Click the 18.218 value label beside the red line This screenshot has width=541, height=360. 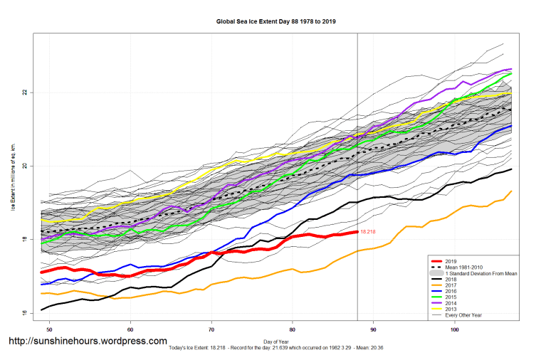point(368,232)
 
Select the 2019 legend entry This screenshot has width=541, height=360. point(451,261)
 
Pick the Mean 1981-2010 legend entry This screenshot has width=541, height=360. point(466,268)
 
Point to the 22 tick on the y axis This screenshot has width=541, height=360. point(25,92)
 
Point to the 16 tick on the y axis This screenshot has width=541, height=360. point(25,313)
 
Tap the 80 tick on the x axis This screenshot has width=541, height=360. point(293,330)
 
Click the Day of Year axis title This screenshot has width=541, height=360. point(275,342)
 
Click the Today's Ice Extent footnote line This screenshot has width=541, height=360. point(275,348)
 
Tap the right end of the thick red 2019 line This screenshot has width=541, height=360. point(357,232)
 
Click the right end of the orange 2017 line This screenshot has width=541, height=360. point(511,191)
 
